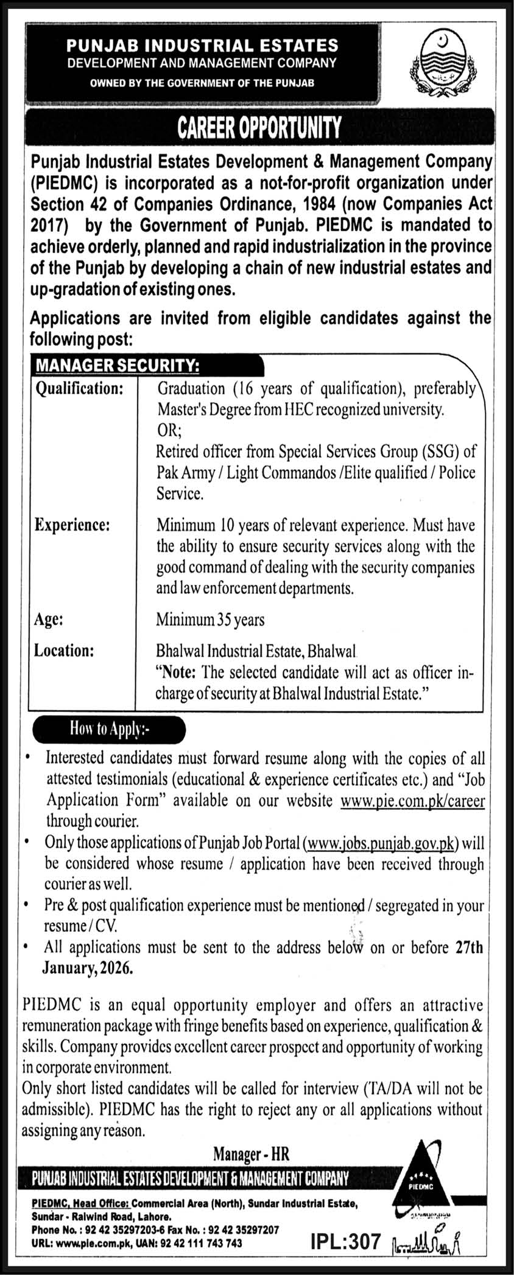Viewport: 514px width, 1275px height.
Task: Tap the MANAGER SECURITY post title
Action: click(x=118, y=365)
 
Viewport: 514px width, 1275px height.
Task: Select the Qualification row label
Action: click(x=79, y=388)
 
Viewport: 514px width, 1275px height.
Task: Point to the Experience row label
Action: click(x=72, y=525)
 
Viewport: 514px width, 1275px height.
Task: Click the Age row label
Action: click(x=48, y=620)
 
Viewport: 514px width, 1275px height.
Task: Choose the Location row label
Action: click(x=64, y=651)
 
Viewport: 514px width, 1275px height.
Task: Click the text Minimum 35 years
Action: click(x=210, y=620)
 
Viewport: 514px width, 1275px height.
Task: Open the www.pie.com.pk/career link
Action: click(x=413, y=800)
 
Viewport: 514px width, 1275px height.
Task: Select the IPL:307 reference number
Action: click(x=345, y=1242)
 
